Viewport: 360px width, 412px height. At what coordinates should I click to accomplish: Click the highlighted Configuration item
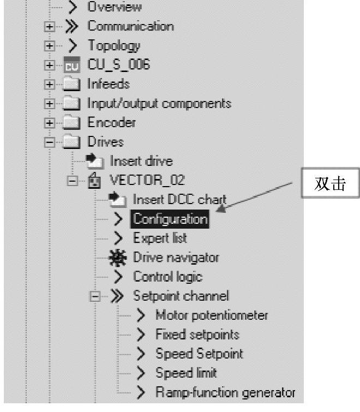tap(170, 219)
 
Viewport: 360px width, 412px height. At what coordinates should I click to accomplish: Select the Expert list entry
tap(160, 238)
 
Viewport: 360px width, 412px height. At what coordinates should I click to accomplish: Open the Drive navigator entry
tap(176, 257)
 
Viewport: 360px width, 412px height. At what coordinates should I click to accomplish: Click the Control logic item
tap(167, 276)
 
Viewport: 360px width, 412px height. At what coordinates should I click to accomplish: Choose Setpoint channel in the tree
tap(181, 296)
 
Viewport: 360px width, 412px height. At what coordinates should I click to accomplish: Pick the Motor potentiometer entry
tap(212, 315)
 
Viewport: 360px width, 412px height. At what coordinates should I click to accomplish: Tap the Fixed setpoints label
tap(197, 334)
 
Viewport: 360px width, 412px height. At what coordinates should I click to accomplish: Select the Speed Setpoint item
tap(199, 354)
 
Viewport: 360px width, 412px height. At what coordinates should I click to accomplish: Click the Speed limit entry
tap(186, 373)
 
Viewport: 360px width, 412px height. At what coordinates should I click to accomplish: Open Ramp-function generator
tap(225, 392)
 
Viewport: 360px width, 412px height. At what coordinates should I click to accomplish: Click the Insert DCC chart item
tap(179, 200)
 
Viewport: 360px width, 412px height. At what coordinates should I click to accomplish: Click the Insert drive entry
tap(141, 161)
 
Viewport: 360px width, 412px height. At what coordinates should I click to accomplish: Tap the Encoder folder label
tap(112, 122)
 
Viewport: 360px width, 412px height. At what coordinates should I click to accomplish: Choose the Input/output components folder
tap(159, 103)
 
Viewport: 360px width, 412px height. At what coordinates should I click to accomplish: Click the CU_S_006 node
tap(118, 64)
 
